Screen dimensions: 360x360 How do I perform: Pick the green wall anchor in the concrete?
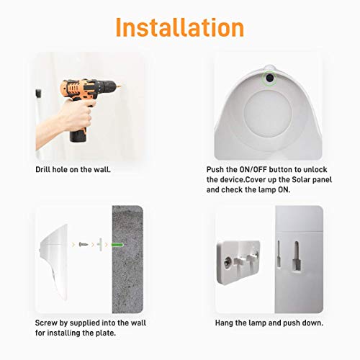[117, 246]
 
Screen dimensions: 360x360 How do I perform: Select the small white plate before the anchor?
[102, 246]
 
